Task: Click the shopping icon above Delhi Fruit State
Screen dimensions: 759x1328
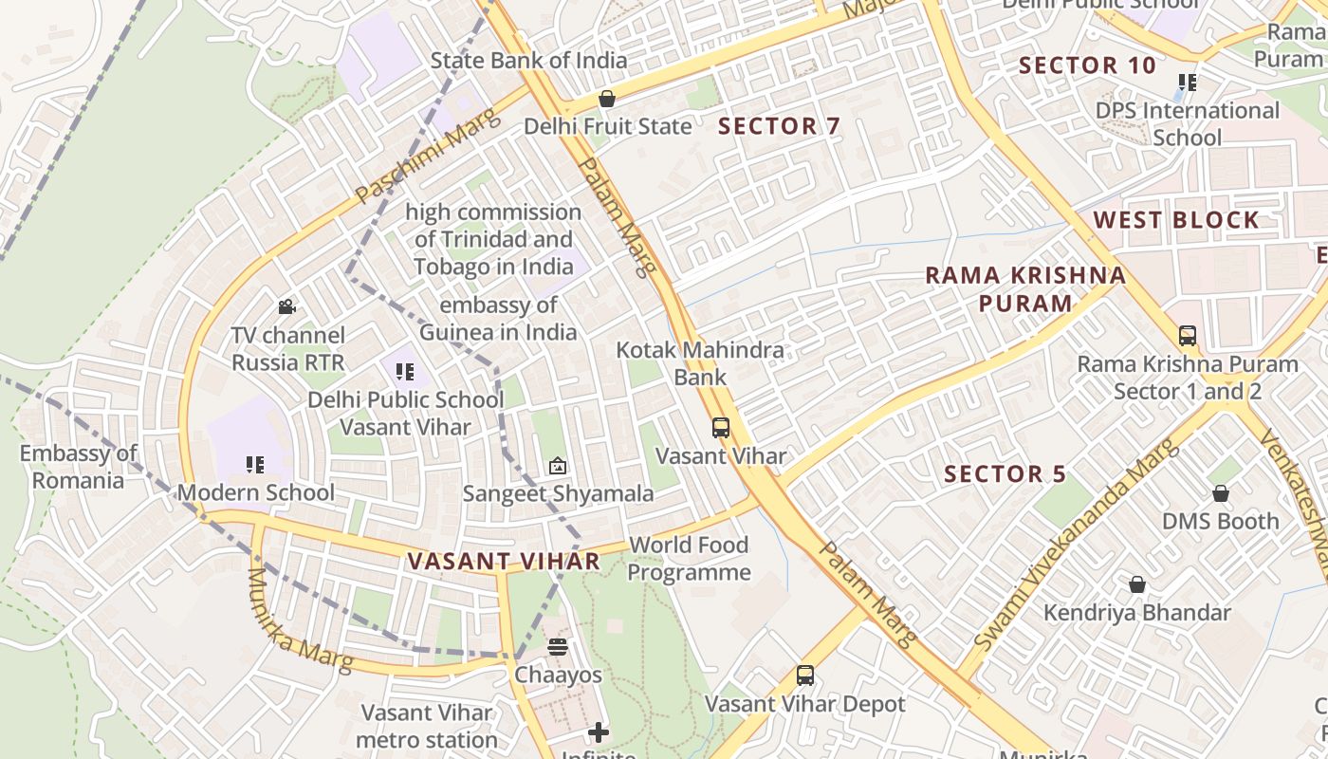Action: [606, 99]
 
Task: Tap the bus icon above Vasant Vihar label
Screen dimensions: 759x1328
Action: [721, 428]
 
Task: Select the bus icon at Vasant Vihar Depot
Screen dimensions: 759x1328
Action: [805, 676]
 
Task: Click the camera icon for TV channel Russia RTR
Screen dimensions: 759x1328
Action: [286, 306]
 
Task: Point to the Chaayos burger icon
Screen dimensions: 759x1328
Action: [558, 647]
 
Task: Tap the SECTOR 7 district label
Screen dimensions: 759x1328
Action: [779, 126]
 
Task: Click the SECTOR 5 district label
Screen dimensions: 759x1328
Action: [1005, 473]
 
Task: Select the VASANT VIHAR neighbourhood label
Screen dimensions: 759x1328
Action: [504, 561]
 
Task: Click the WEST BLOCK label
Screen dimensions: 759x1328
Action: [1176, 220]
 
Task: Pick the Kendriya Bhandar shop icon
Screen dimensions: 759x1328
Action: [1136, 584]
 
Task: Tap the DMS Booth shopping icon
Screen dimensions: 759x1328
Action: [1221, 493]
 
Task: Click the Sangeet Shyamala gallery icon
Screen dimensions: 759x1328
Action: [558, 466]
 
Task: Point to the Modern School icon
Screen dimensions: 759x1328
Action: [254, 465]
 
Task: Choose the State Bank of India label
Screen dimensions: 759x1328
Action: [528, 61]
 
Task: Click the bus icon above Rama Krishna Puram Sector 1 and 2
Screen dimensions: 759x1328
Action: [1187, 336]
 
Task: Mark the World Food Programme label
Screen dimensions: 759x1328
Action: [689, 559]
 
